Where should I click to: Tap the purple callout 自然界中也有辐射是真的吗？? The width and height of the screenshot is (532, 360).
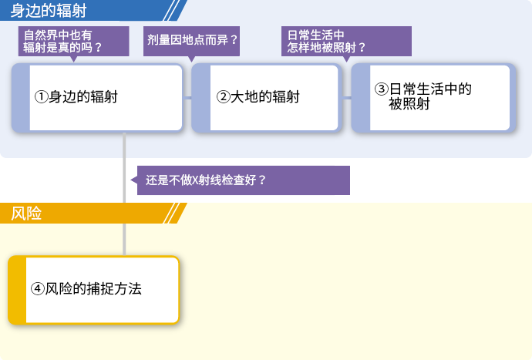click(x=73, y=41)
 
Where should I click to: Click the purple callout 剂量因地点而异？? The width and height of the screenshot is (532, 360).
click(x=191, y=41)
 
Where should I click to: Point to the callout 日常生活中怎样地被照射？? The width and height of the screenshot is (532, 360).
click(x=346, y=41)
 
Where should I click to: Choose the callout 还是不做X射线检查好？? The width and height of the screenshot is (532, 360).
click(x=241, y=180)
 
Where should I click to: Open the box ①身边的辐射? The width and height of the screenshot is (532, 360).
click(x=97, y=98)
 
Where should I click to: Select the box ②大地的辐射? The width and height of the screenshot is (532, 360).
click(x=266, y=98)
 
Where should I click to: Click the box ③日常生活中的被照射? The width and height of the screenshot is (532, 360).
click(x=433, y=98)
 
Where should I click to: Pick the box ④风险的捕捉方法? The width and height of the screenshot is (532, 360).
click(x=93, y=290)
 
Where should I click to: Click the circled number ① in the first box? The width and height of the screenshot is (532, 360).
click(x=41, y=96)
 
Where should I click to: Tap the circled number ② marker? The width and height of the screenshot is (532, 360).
click(x=224, y=96)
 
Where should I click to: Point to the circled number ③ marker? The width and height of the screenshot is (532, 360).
click(x=382, y=89)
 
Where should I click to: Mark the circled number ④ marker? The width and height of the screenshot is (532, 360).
click(x=37, y=289)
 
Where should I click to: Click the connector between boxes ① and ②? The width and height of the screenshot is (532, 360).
click(x=187, y=98)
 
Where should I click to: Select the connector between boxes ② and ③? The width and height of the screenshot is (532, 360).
click(x=346, y=98)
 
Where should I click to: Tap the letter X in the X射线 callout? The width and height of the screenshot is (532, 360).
click(x=195, y=180)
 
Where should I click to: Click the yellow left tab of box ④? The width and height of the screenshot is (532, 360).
click(x=17, y=290)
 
